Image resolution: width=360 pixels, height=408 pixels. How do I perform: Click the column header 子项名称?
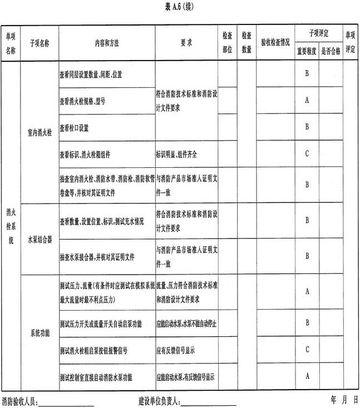tap(39, 43)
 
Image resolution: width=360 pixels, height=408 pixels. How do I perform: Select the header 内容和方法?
tap(106, 43)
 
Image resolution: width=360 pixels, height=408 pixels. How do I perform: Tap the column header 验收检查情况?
tap(275, 43)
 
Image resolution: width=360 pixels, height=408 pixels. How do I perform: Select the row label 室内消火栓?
tap(39, 133)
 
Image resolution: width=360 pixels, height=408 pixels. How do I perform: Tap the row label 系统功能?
tap(39, 333)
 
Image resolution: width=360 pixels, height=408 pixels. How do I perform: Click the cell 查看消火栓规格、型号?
tap(82, 102)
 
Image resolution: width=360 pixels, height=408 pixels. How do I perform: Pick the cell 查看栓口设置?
tap(74, 127)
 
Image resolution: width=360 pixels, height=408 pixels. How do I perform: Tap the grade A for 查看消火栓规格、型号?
tap(307, 101)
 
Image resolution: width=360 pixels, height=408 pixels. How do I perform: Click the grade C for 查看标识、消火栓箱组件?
tap(307, 154)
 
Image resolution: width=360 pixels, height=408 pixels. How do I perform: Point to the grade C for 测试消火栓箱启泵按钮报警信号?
tap(307, 350)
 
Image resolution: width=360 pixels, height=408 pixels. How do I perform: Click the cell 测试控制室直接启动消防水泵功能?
tap(97, 376)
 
